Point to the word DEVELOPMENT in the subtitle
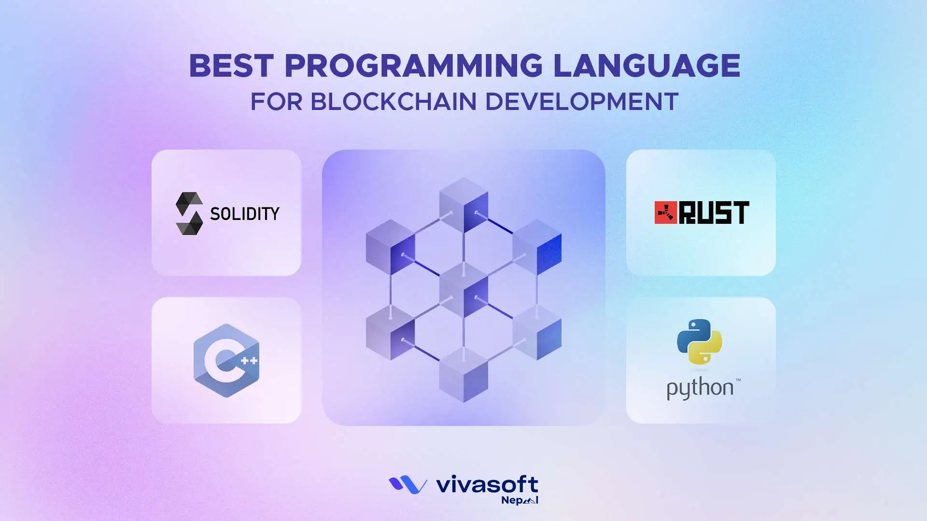coord(582,102)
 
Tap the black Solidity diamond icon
coord(189,213)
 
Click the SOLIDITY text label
coord(245,214)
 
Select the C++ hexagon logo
coord(226,360)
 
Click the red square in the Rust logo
coord(666,213)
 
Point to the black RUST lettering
coord(714,213)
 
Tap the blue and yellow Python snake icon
coord(700,342)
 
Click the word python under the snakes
coord(700,388)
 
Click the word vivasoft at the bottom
coord(487,484)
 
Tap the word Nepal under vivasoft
coord(520,500)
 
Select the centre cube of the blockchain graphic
coord(463,289)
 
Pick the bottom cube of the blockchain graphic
coord(463,375)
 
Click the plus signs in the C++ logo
coord(249,360)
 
